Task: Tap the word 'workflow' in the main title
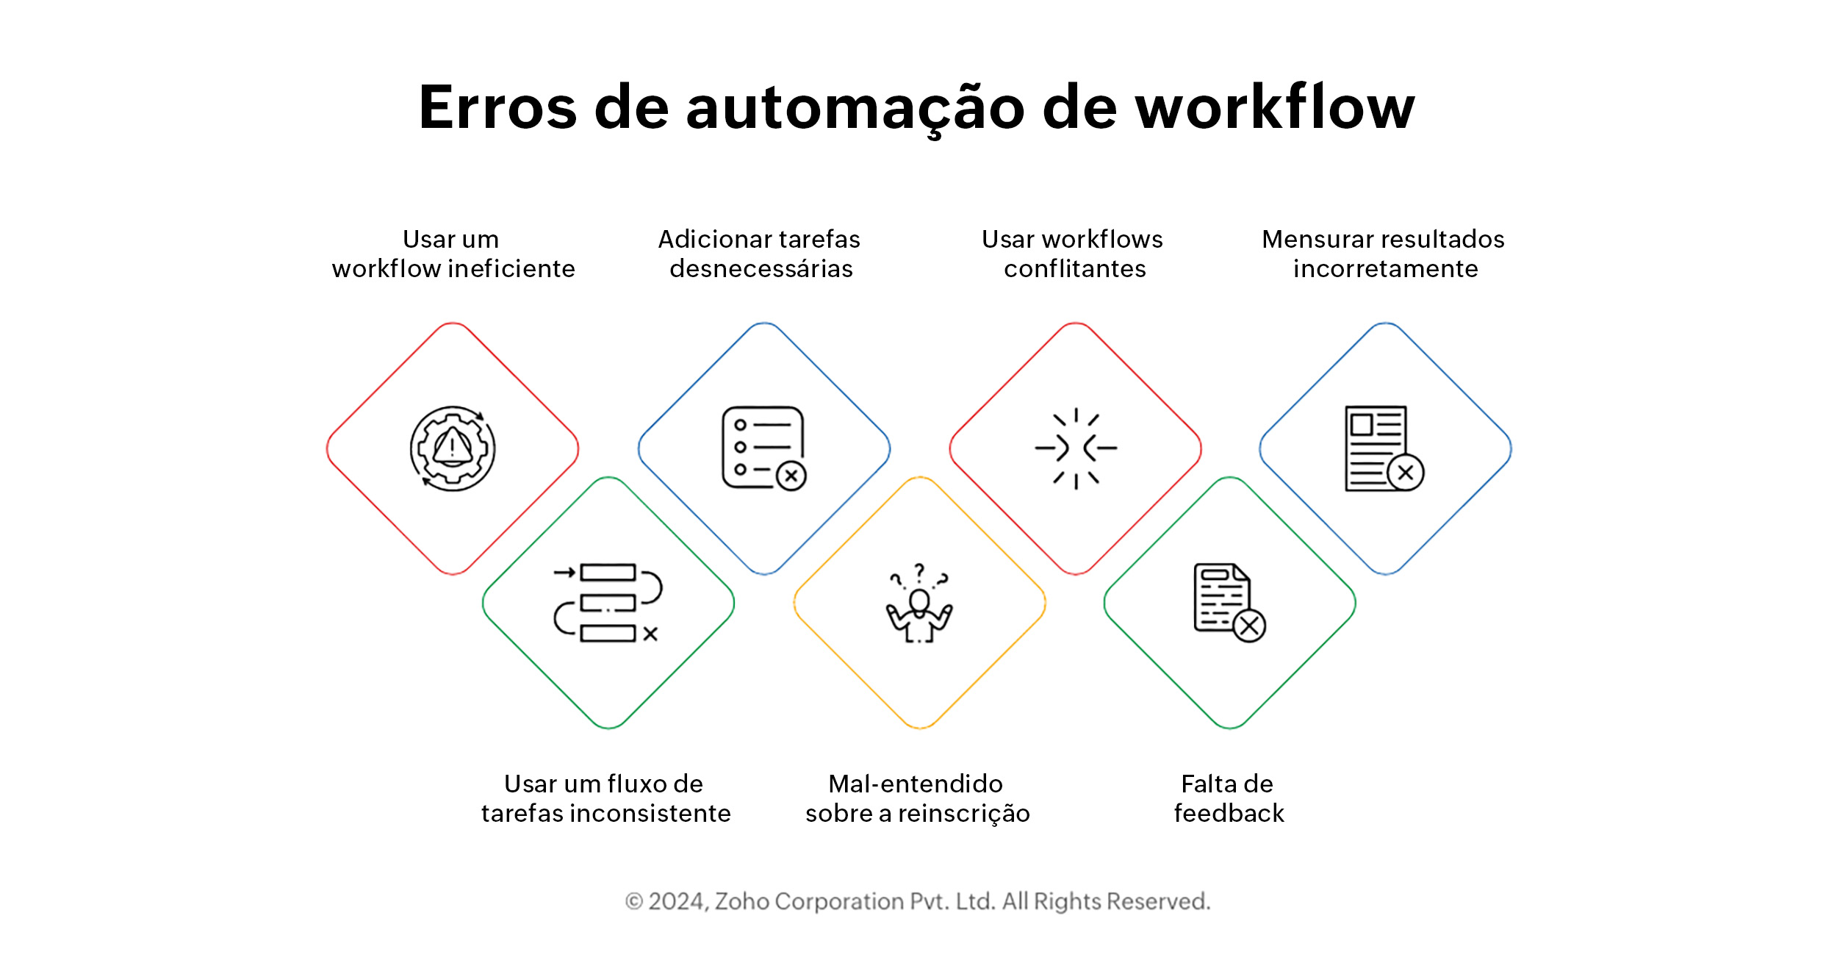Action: tap(1275, 107)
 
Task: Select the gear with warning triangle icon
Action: tap(453, 448)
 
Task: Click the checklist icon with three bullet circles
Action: tap(763, 448)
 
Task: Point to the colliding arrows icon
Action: tap(1076, 448)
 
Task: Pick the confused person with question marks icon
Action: tap(919, 603)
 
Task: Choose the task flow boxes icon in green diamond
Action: tap(608, 603)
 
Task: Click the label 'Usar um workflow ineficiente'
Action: tap(453, 254)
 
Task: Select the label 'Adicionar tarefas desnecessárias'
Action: tap(760, 254)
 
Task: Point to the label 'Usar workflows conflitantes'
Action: tap(1073, 254)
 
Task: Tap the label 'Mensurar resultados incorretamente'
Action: tap(1384, 254)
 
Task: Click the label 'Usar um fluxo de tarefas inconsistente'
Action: tap(605, 798)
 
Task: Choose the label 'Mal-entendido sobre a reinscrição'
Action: tap(917, 798)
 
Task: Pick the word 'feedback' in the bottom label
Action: tap(1229, 814)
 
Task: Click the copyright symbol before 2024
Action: tap(633, 901)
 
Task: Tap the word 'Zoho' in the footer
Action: tap(741, 901)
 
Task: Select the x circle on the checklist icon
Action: tap(791, 476)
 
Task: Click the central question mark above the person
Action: tap(919, 572)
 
